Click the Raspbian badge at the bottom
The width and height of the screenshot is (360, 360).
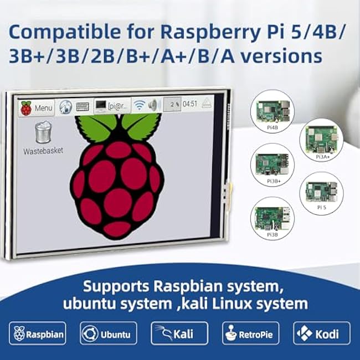(x=38, y=333)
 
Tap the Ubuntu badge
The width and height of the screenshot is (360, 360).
(x=109, y=333)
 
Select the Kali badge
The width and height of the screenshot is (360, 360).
(x=179, y=333)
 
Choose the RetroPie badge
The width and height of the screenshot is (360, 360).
(x=251, y=333)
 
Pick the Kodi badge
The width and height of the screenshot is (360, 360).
(x=322, y=333)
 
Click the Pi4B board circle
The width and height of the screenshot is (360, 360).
(x=272, y=111)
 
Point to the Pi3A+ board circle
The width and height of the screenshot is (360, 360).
(x=321, y=141)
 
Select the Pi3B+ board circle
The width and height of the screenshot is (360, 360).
(x=272, y=164)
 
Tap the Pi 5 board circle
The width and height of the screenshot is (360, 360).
(x=321, y=193)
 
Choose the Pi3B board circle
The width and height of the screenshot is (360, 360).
(x=272, y=218)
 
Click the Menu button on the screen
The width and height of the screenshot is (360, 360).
(x=37, y=108)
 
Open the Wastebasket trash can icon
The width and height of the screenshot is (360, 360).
(x=43, y=132)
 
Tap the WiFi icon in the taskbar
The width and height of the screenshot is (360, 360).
(x=139, y=105)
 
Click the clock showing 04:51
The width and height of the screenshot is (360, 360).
(x=190, y=104)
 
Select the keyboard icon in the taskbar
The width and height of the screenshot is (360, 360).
(x=83, y=106)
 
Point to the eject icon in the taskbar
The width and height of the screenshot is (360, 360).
(x=207, y=103)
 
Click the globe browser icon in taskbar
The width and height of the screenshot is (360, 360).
(x=66, y=107)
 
